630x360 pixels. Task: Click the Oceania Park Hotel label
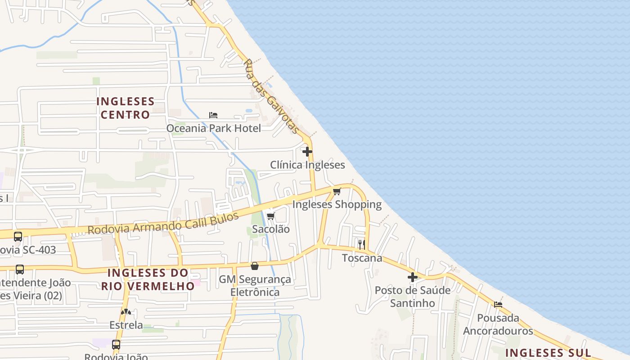click(213, 128)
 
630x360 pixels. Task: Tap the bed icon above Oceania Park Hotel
click(213, 115)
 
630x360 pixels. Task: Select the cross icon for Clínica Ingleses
click(307, 152)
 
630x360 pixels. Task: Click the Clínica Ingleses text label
click(307, 165)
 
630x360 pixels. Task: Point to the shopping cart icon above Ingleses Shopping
click(337, 191)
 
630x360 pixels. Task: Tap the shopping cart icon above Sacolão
click(270, 216)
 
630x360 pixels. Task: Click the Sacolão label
click(270, 229)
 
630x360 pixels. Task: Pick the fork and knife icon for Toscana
click(361, 244)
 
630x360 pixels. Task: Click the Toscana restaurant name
click(362, 258)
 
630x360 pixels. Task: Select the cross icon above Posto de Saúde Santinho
click(412, 277)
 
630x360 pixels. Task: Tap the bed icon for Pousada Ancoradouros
click(498, 305)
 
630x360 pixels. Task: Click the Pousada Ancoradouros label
click(498, 324)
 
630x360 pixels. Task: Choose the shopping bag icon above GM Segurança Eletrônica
click(255, 266)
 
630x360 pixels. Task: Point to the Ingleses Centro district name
click(125, 108)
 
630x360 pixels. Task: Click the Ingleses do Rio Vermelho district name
click(148, 279)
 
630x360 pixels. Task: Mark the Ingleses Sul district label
click(548, 352)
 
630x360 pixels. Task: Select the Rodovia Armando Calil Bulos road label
click(163, 223)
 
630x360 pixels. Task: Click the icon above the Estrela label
click(126, 312)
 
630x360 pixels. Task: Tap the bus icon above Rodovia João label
click(116, 345)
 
